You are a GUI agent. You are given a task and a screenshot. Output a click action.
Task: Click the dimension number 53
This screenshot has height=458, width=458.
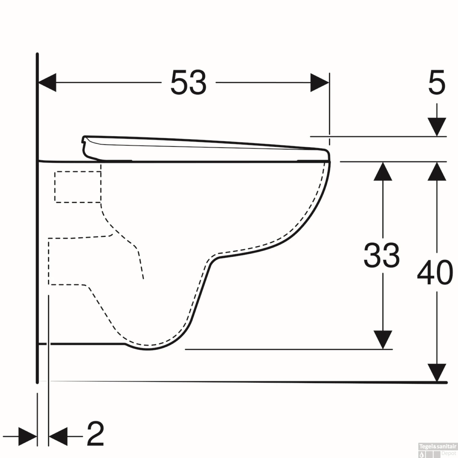(188, 82)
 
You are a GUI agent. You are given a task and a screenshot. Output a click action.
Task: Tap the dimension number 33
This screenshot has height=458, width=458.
(382, 255)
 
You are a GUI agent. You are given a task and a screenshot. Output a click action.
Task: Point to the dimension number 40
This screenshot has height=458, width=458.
(435, 273)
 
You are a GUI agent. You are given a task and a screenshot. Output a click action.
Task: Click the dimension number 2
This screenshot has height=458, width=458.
(95, 434)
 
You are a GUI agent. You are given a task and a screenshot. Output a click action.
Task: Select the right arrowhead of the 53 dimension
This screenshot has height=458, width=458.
(320, 82)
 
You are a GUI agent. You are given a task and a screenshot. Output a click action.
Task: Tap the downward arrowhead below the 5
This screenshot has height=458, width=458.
(437, 126)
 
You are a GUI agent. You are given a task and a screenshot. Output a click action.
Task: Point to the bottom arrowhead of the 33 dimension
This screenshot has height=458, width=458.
(383, 340)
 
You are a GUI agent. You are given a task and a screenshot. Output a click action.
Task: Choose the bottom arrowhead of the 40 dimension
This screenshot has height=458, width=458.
(437, 373)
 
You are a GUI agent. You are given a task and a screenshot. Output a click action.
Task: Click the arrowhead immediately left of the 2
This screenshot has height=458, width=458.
(58, 437)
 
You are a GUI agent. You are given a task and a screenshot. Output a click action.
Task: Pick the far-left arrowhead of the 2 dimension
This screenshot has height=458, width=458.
(27, 437)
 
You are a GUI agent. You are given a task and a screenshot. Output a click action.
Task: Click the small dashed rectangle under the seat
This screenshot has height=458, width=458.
(78, 187)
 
